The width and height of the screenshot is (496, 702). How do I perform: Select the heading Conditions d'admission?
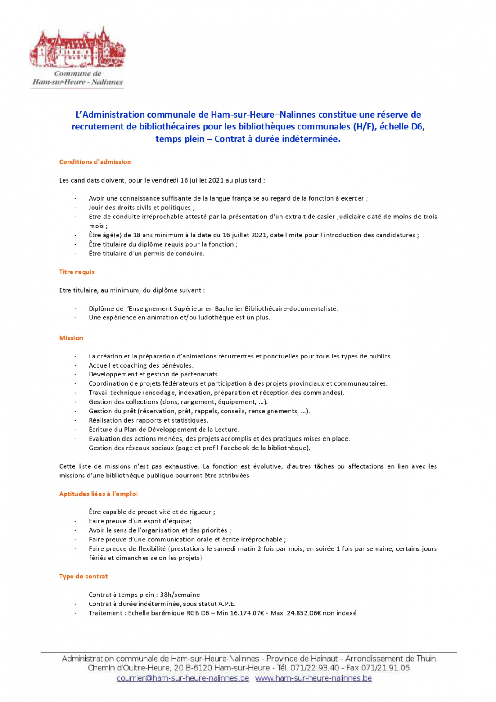tap(95, 162)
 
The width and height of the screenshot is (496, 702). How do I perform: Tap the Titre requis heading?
tap(77, 272)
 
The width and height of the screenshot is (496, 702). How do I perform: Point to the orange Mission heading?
tap(71, 338)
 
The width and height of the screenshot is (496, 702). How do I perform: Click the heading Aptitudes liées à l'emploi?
tap(98, 494)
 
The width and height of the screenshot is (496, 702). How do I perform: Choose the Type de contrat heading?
tap(83, 577)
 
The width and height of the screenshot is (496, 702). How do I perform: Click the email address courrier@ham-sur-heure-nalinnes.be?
tap(183, 678)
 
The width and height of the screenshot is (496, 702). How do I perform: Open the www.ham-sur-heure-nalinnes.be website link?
tap(313, 678)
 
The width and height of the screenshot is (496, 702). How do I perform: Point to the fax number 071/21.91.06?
tap(385, 668)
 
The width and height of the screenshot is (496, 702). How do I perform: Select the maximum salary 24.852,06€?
tap(304, 613)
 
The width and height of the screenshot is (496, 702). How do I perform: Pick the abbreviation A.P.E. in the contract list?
tap(227, 604)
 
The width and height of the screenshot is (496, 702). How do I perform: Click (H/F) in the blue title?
tap(365, 127)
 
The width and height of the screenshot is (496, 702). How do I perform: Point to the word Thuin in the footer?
tap(426, 659)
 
